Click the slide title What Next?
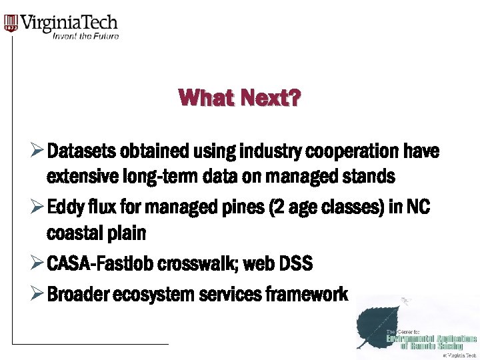pos(239,99)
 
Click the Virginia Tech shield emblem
pos(11,23)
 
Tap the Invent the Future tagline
pos(85,36)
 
